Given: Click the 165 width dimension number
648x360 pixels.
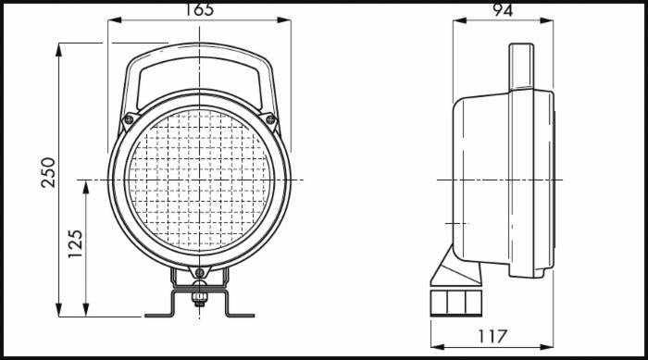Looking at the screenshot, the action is click(x=199, y=9).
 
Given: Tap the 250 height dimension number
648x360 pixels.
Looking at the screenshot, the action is click(x=48, y=172).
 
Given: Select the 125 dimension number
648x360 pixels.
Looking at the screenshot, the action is click(x=75, y=244).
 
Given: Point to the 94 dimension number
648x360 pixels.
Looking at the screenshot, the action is click(x=503, y=9).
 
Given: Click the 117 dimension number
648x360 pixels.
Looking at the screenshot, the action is click(x=492, y=336).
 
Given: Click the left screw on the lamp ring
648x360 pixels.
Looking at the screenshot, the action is click(x=129, y=119).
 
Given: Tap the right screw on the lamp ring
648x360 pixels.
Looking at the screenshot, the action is click(x=270, y=120).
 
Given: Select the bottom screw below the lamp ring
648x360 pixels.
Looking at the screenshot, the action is click(x=200, y=272).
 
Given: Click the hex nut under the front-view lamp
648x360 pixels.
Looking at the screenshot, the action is click(x=200, y=297).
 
